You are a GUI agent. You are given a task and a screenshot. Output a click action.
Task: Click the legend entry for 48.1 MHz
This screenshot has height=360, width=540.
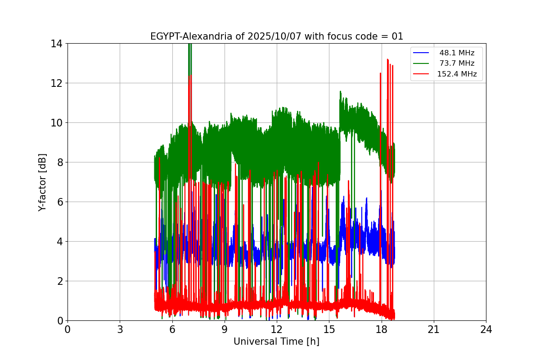457,53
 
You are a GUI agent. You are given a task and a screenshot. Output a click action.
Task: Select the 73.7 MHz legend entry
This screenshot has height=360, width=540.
457,63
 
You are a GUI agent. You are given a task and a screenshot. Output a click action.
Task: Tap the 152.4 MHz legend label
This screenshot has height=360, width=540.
457,74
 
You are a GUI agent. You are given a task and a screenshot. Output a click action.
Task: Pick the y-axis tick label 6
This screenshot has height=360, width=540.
59,202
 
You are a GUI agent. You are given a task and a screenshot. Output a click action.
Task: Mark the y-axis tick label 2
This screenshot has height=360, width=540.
59,281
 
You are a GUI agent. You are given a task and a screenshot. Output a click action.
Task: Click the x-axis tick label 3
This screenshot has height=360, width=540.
120,329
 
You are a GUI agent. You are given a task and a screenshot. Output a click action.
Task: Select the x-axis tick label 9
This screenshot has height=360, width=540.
225,329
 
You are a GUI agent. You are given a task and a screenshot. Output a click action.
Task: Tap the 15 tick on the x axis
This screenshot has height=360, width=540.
329,329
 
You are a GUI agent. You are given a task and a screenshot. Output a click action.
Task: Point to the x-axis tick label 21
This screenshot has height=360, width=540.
434,329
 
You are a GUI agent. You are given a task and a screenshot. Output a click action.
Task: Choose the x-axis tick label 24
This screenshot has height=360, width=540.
486,329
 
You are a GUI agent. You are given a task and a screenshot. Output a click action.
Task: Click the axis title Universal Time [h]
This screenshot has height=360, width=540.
276,342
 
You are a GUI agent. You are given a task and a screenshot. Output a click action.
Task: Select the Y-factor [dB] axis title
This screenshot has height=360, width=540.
43,182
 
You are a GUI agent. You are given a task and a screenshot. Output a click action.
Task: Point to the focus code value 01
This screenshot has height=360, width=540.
397,36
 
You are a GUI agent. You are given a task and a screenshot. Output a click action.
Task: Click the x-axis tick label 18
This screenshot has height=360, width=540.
382,329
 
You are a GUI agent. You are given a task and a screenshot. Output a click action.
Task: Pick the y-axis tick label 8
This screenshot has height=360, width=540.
59,162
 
